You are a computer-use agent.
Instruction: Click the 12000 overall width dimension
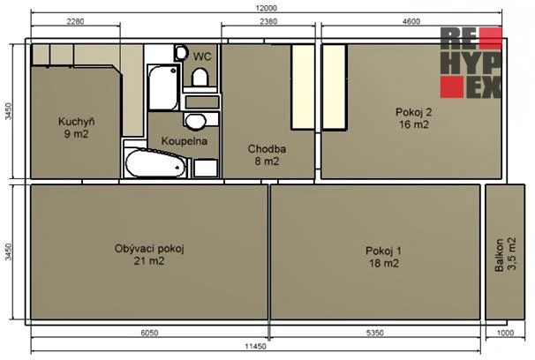point(266,8)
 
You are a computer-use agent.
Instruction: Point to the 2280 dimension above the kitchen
point(75,21)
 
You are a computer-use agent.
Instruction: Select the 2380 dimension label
point(268,21)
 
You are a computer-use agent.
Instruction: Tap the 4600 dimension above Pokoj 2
point(411,21)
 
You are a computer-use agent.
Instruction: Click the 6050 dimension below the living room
point(149,333)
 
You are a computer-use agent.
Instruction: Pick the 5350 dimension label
point(374,333)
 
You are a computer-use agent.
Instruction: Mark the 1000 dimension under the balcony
point(505,333)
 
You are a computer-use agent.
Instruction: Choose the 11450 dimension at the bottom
point(255,347)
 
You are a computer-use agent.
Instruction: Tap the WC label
point(202,56)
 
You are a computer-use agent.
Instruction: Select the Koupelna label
point(185,141)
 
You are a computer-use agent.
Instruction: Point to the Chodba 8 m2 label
point(267,154)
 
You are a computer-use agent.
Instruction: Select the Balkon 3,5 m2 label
point(505,254)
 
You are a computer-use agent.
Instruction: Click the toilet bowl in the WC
point(200,77)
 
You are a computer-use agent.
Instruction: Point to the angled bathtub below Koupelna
point(155,163)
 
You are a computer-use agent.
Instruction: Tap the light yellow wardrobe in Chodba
point(303,87)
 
